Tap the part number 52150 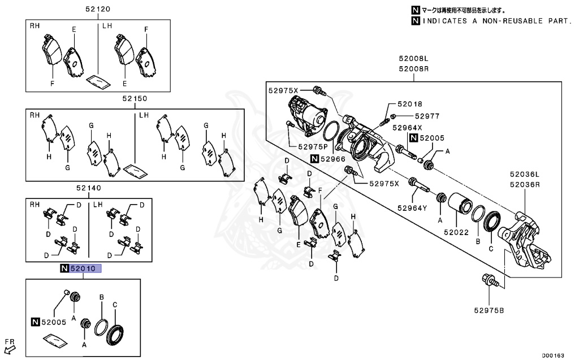coord(135,98)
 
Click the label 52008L coord(413,59)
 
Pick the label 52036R coord(524,184)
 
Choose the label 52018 coord(409,104)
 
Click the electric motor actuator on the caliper coord(306,113)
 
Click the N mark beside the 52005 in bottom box coord(34,322)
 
